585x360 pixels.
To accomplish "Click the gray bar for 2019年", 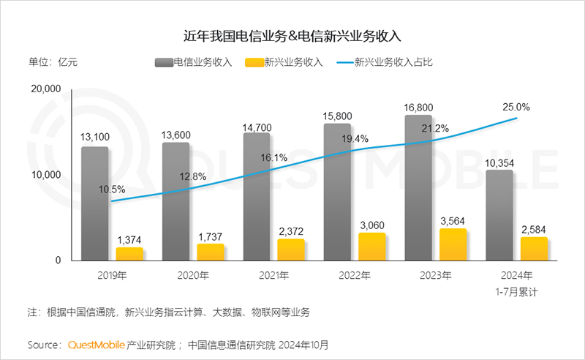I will coord(94,203).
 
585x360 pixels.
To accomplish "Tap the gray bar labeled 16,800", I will coord(418,188).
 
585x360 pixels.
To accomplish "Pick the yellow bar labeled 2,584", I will coord(535,249).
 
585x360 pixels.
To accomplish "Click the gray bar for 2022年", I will coord(337,192).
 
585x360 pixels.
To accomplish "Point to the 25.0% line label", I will coord(516,107).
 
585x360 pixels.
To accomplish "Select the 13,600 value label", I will coord(175,132).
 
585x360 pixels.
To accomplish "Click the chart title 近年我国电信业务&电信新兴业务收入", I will coord(292,34).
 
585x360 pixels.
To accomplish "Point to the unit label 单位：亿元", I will coord(53,63).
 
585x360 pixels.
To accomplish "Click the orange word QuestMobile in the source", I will coord(97,344).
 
